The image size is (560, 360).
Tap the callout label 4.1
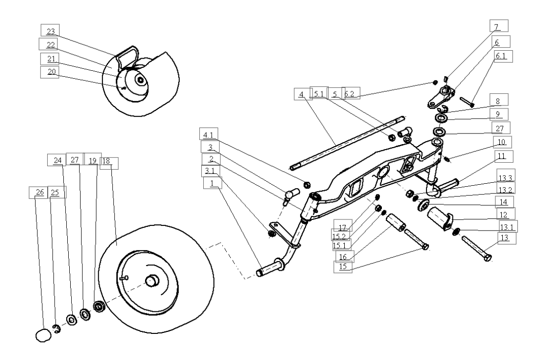209,135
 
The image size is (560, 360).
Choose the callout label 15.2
340,236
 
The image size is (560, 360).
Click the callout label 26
39,192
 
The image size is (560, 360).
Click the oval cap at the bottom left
43,335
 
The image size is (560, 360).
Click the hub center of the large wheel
152,280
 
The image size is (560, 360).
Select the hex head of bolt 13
488,258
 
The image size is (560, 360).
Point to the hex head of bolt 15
425,247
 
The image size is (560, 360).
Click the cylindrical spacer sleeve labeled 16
396,223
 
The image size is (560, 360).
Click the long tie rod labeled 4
348,143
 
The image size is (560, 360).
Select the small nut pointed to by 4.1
307,185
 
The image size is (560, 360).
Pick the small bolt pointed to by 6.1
467,101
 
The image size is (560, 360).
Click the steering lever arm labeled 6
442,96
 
